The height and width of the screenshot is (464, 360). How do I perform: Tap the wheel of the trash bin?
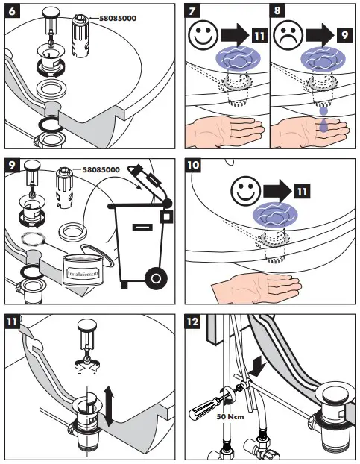pyautogui.click(x=155, y=278)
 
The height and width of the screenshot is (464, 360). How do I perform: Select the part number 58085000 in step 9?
pyautogui.click(x=101, y=171)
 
